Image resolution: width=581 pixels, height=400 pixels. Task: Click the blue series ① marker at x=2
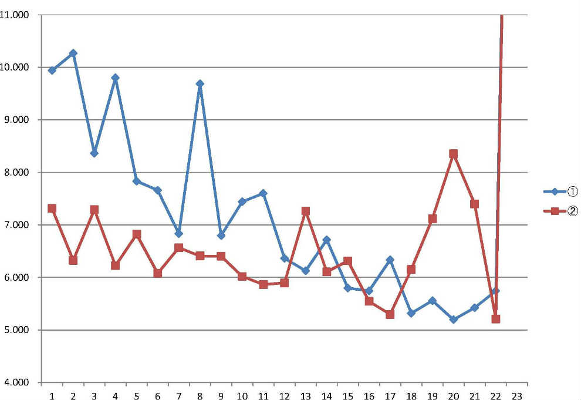[73, 53]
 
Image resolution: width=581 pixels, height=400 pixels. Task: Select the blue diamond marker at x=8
[200, 83]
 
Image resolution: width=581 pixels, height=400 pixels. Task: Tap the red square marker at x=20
[453, 154]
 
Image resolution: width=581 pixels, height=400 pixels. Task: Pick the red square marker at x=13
[305, 211]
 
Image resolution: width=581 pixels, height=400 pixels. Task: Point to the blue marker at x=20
[453, 320]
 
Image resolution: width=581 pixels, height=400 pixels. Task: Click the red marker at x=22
[495, 319]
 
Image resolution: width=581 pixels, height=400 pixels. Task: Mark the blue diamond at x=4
[115, 78]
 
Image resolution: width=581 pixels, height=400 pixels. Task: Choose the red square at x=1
[52, 209]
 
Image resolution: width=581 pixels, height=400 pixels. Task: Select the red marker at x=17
[390, 314]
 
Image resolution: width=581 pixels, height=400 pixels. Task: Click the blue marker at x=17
[390, 260]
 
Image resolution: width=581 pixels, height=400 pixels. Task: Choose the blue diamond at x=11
[263, 193]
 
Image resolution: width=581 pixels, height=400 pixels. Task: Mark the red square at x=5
[136, 234]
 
